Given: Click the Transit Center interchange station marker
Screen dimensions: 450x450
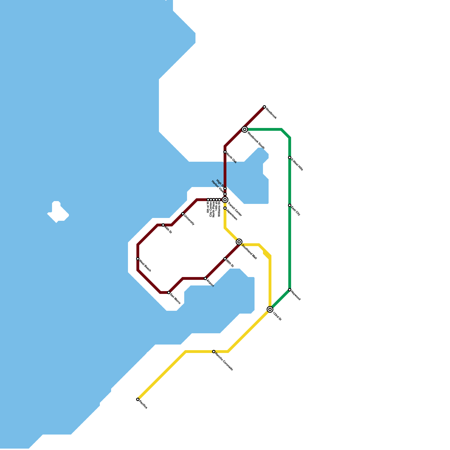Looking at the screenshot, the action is (x=225, y=200).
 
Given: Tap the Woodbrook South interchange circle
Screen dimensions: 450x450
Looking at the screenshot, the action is (x=245, y=129).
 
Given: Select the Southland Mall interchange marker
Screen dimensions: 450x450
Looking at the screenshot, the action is (x=239, y=242).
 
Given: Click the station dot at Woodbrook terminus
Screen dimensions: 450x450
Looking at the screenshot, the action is (x=264, y=107).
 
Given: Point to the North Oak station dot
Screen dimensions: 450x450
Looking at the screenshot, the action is (x=225, y=152).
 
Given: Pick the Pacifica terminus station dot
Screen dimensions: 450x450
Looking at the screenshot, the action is (x=138, y=399).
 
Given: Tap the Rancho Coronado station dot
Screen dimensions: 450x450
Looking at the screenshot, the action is (x=214, y=352).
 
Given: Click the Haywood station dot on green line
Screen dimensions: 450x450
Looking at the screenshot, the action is (x=290, y=290).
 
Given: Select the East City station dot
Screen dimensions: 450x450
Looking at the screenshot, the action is (x=290, y=205).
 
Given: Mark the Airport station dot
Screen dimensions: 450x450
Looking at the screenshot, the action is (x=205, y=278).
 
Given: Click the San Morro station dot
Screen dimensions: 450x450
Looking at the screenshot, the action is (x=169, y=292).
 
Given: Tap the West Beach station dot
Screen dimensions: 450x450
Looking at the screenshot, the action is (x=138, y=259).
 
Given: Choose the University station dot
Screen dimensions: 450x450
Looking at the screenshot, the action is (x=183, y=214).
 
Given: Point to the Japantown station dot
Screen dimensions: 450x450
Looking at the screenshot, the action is (x=225, y=208).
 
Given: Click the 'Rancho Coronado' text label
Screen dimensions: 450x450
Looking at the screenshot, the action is (x=224, y=362).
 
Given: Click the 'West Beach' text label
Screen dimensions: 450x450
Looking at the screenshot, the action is (x=145, y=266).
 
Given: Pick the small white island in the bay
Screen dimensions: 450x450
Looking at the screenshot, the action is (x=58, y=212).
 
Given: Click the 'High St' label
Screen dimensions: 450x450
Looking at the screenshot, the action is (x=220, y=183).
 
